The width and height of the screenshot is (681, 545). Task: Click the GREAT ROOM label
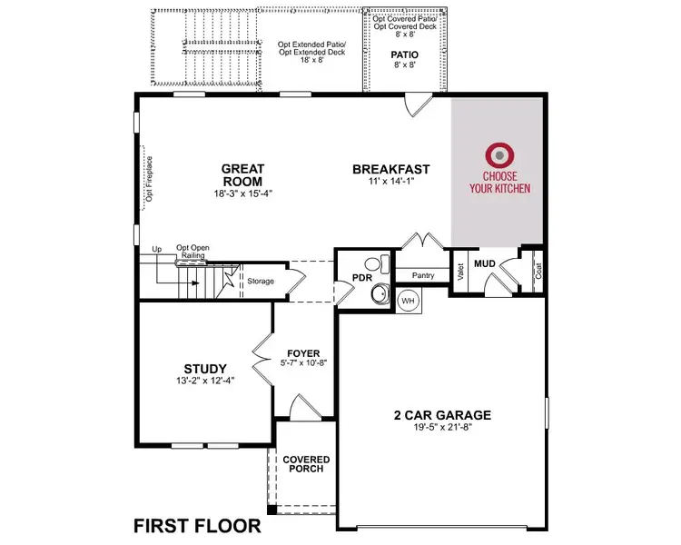coord(243,174)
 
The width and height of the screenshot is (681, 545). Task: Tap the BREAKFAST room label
coord(390,169)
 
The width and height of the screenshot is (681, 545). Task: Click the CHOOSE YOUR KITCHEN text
coord(499,183)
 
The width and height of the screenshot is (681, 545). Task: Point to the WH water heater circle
coord(408,300)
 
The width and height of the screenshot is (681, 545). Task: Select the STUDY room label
coord(204,368)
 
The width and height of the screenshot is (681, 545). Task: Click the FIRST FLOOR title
coord(197,525)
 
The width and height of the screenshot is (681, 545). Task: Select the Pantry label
coord(423,275)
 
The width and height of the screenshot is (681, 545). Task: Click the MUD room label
coord(484,263)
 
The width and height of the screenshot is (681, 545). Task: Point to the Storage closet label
coord(261,281)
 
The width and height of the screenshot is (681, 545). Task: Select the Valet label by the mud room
coord(461,272)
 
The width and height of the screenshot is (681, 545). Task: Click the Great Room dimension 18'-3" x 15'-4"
coord(242,193)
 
